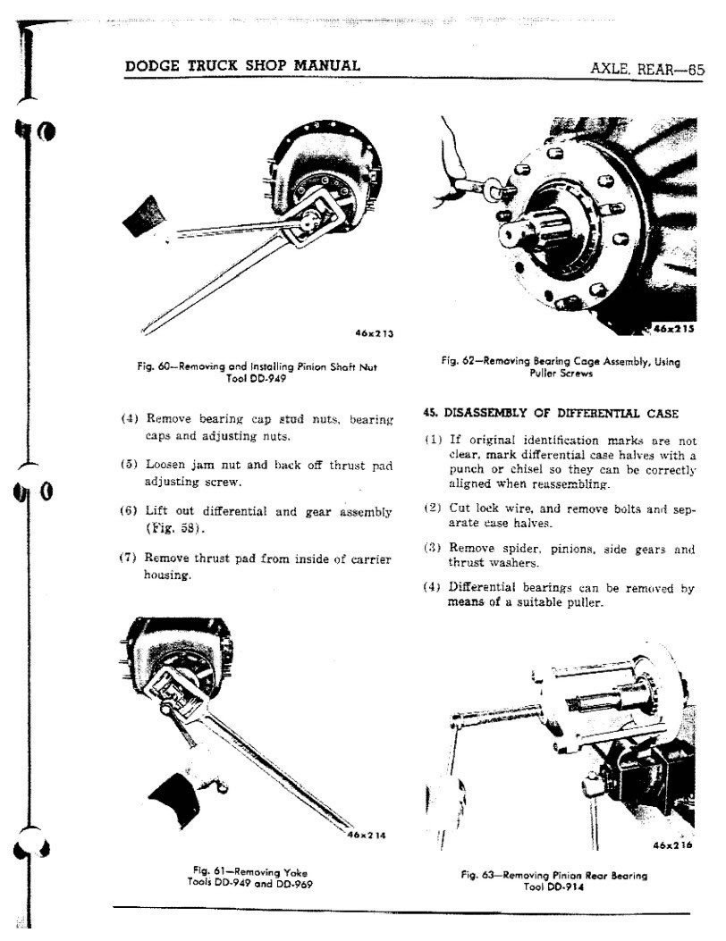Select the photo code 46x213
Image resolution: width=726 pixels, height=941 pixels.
[374, 333]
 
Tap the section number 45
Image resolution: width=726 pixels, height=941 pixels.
[429, 412]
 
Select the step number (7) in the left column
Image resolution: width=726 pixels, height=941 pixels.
[127, 558]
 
